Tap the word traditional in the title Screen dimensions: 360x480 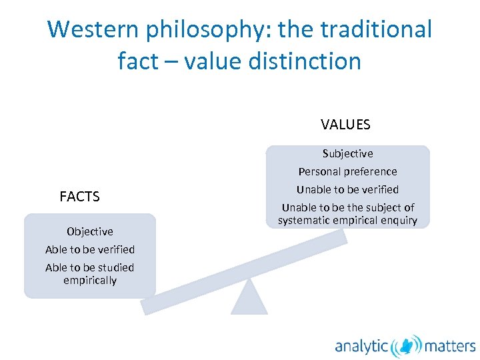(x=377, y=29)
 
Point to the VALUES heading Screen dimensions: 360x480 (x=345, y=125)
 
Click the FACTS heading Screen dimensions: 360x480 (x=79, y=197)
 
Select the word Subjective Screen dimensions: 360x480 (x=347, y=153)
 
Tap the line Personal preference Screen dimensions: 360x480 (x=347, y=171)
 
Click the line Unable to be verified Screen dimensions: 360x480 (x=347, y=189)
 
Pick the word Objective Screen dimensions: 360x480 (x=90, y=231)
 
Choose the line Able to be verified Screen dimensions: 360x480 (x=90, y=249)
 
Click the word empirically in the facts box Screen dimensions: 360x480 (x=90, y=281)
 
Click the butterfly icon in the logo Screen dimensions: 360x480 (x=406, y=345)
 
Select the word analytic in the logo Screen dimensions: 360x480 (x=362, y=346)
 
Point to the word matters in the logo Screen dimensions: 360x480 (x=450, y=346)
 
